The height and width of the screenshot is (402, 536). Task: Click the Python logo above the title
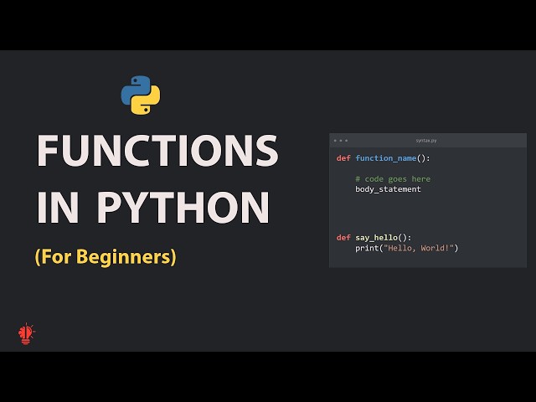141,95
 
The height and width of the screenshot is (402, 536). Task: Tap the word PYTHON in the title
183,207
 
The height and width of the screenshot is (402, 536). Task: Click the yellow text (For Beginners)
106,257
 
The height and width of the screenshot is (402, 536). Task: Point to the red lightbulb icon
27,333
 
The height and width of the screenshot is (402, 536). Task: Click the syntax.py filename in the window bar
426,141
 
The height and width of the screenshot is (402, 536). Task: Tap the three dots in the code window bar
340,141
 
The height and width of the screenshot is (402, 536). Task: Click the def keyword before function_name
343,158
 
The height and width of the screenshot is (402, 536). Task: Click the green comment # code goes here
393,178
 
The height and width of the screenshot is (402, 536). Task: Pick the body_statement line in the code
388,189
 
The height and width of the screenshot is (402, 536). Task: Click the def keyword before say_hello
343,238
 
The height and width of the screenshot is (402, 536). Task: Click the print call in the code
366,248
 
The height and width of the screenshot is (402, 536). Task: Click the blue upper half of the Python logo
136,87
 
